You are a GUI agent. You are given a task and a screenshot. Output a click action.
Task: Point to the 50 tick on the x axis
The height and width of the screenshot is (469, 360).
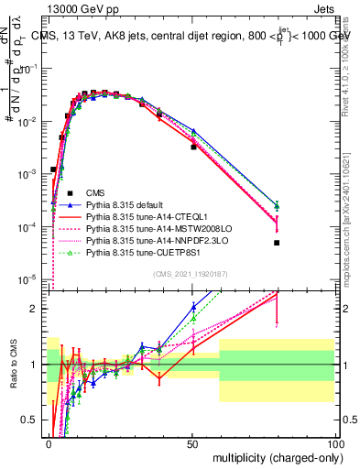192,442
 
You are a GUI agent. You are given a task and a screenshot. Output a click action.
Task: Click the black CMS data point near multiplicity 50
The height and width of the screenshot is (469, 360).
193,147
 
